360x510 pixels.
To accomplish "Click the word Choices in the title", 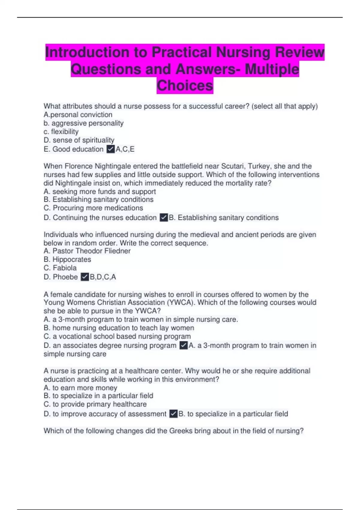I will click(x=185, y=85).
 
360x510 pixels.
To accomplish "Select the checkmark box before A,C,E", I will click(x=111, y=149).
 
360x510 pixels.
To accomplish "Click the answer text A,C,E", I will click(x=125, y=149).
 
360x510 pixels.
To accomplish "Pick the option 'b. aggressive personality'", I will click(x=83, y=123).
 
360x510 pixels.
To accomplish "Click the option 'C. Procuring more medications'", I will click(x=93, y=208).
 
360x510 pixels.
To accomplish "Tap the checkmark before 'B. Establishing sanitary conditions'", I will click(x=164, y=217).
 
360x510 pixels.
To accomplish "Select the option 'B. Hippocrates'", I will click(x=67, y=259).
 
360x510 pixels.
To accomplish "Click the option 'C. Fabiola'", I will click(x=60, y=268).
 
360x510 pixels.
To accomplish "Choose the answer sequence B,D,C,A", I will click(x=103, y=277).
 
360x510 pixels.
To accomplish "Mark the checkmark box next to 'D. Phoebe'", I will click(x=85, y=277).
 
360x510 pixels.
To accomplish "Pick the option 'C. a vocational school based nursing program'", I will click(x=117, y=336).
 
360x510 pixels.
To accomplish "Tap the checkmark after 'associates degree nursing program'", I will click(x=183, y=346).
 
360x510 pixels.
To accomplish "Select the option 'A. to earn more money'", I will click(x=80, y=388).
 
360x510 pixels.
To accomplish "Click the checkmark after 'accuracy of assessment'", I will click(x=173, y=414).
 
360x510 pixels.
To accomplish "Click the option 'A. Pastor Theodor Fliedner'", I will click(x=87, y=251).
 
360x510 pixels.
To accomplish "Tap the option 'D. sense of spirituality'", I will click(x=79, y=140).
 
